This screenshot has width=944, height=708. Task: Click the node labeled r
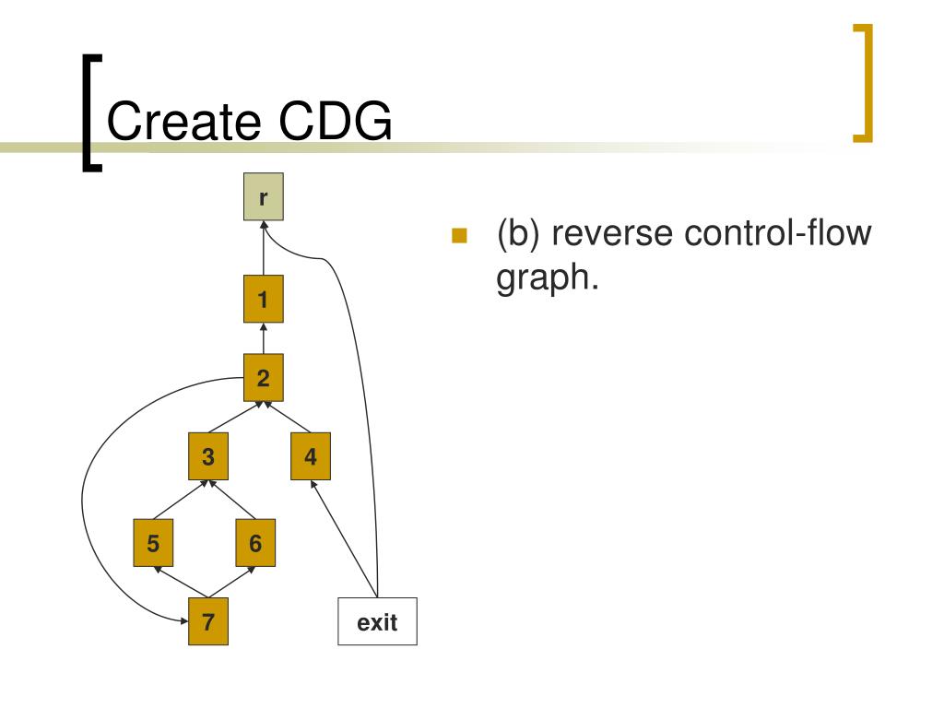pyautogui.click(x=263, y=197)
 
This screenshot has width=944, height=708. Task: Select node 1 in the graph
pyautogui.click(x=263, y=300)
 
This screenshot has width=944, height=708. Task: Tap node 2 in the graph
pyautogui.click(x=263, y=377)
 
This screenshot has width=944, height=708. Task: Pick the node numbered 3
pyautogui.click(x=208, y=456)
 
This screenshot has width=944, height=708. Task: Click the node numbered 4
pyautogui.click(x=311, y=456)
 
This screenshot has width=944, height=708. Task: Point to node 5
pyautogui.click(x=153, y=543)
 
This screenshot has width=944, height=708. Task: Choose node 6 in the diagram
pyautogui.click(x=255, y=543)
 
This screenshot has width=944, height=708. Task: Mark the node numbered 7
pyautogui.click(x=208, y=621)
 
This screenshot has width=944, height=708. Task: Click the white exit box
pyautogui.click(x=377, y=621)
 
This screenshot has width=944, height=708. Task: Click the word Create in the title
pyautogui.click(x=183, y=121)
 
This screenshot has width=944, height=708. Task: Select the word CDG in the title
pyautogui.click(x=336, y=121)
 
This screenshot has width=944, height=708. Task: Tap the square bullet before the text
pyautogui.click(x=459, y=235)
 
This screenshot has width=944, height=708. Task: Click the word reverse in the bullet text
pyautogui.click(x=612, y=233)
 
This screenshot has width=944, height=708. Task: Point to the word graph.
pyautogui.click(x=547, y=278)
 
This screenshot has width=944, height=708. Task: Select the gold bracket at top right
pyautogui.click(x=863, y=83)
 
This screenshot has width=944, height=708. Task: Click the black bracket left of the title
pyautogui.click(x=92, y=113)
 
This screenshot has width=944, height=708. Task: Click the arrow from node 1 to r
pyautogui.click(x=263, y=248)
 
